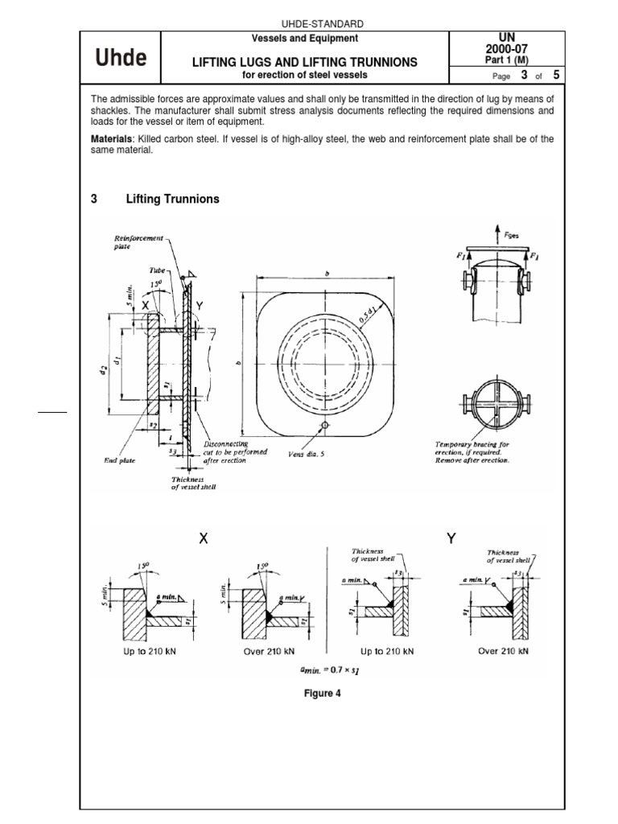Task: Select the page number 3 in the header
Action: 524,76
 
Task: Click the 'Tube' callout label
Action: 155,271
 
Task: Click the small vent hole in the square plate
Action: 323,424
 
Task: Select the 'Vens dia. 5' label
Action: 306,454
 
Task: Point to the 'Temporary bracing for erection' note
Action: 471,452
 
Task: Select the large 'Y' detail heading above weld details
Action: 451,540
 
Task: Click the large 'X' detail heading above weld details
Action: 204,540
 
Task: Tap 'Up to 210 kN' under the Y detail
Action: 387,651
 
